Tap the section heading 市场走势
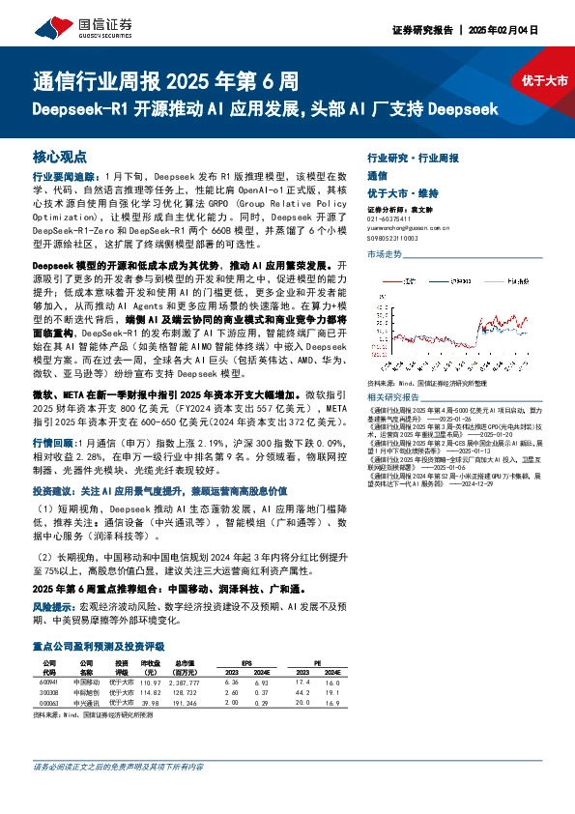[x=384, y=254]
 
